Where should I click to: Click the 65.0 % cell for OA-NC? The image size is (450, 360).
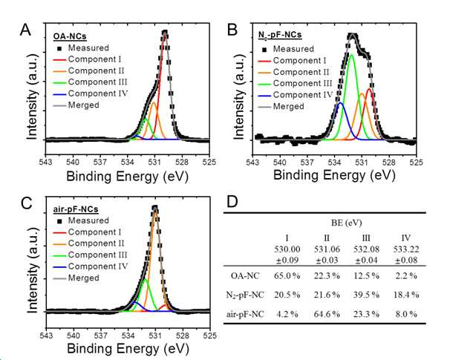[287, 276]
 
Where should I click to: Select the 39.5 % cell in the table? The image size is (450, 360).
[366, 295]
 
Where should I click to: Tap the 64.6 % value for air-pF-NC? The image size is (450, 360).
[327, 314]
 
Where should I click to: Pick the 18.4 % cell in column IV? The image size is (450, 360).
[405, 295]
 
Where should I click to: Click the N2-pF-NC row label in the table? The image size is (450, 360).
[245, 295]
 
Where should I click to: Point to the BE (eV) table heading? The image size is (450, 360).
[346, 223]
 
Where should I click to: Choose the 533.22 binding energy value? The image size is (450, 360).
[405, 249]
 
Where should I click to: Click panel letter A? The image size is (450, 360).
[25, 30]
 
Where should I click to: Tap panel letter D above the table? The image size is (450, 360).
[232, 202]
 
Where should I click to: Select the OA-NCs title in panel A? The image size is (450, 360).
[70, 36]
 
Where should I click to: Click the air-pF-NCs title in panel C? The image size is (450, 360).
[76, 209]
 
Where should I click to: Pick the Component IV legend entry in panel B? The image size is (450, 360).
[296, 95]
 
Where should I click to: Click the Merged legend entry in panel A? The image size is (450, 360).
[76, 105]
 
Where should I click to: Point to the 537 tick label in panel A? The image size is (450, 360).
[100, 162]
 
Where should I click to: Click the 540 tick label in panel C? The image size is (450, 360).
[74, 335]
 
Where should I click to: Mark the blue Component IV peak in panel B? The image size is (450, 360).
[340, 102]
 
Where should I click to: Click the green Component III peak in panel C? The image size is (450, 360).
[146, 279]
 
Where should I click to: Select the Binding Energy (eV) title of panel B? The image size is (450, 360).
[334, 174]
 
